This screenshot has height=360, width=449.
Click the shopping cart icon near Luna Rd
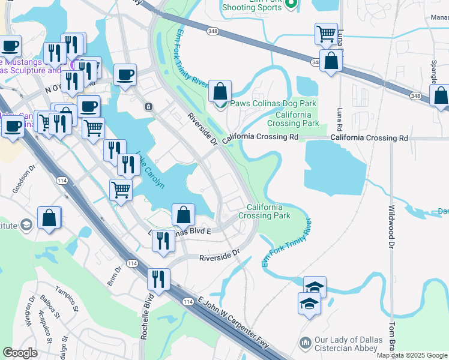pos(326,34)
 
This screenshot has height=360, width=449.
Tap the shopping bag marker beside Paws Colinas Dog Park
pos(220,92)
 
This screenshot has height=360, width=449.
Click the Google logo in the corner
pos(20,353)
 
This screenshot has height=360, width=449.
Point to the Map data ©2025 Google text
pos(412,355)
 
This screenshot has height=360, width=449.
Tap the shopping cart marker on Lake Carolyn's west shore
pos(121,190)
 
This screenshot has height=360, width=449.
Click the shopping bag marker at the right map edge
pos(440,95)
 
